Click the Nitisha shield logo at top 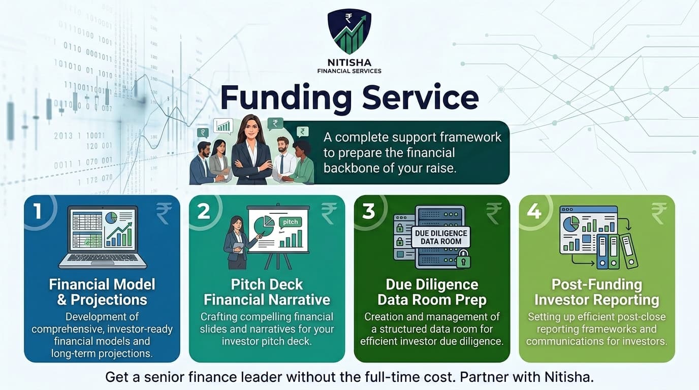(349, 32)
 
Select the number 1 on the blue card (37, 211)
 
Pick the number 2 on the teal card (203, 211)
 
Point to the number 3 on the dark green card (368, 211)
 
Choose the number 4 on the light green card (533, 211)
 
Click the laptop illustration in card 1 (103, 237)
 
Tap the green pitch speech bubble (290, 222)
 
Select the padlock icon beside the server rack (463, 261)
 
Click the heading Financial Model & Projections (102, 292)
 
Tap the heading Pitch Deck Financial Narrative (267, 292)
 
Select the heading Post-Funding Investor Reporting (596, 292)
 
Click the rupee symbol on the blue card (164, 213)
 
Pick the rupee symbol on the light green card (659, 213)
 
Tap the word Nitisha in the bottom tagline (570, 377)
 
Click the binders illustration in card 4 (617, 251)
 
